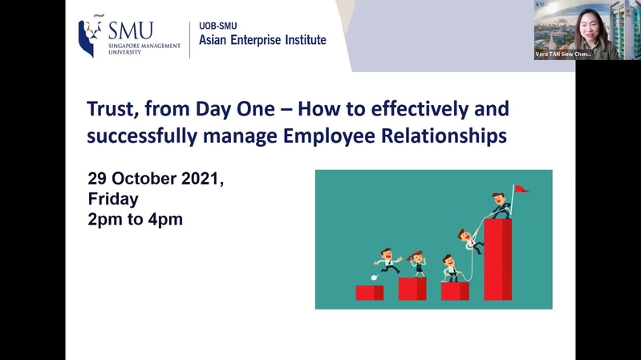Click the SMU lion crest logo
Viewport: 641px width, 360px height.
coord(91,36)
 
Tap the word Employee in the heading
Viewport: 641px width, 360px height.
coord(329,136)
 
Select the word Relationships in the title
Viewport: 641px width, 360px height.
coord(444,136)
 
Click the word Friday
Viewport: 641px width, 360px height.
coord(113,199)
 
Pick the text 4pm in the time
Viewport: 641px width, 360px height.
coord(165,220)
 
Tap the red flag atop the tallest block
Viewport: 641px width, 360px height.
coord(521,188)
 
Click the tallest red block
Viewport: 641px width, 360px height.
coord(498,260)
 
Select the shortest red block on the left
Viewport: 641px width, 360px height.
coord(370,293)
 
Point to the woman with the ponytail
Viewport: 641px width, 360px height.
coord(417,265)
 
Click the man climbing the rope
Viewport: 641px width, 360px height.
coord(469,241)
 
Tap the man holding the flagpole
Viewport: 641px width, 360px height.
coord(500,205)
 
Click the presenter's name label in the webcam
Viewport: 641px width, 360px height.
coord(563,54)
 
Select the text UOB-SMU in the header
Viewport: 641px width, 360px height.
coord(218,26)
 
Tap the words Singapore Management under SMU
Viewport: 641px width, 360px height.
coord(144,47)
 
